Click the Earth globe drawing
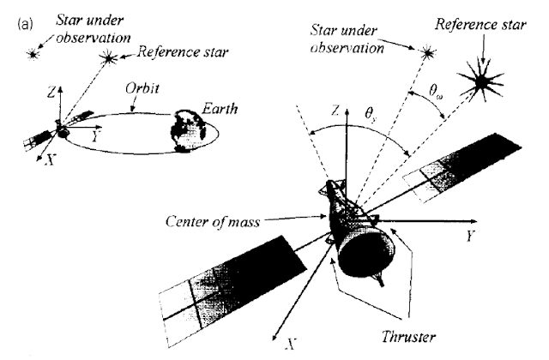click(x=188, y=131)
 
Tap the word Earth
click(x=220, y=109)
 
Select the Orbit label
click(x=142, y=88)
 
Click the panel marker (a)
click(x=25, y=24)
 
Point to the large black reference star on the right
click(x=481, y=81)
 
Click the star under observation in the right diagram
click(x=427, y=53)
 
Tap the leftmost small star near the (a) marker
click(x=33, y=54)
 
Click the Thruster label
click(x=408, y=337)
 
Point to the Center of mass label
click(x=213, y=222)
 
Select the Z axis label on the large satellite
click(x=335, y=111)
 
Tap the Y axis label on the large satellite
click(x=470, y=237)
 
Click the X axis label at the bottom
click(x=291, y=345)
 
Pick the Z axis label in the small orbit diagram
click(x=51, y=93)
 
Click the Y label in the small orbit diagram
click(x=95, y=137)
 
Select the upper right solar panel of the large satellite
click(x=462, y=167)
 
